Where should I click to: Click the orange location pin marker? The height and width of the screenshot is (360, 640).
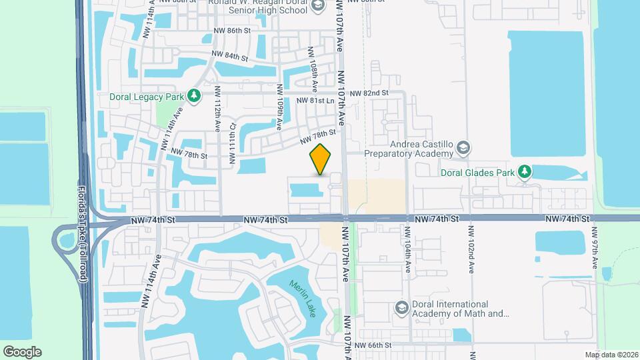point(321,159)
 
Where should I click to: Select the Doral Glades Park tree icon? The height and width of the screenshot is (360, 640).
point(525,173)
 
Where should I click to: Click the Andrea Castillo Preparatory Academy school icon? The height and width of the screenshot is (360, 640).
point(465,147)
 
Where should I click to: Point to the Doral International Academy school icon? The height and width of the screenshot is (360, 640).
point(401,307)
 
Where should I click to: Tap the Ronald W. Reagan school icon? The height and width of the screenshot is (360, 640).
point(318,6)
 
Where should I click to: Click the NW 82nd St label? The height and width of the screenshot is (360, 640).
point(369,93)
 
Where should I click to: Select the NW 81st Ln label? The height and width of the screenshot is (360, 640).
point(315,101)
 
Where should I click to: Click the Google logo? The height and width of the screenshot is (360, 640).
point(22,352)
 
